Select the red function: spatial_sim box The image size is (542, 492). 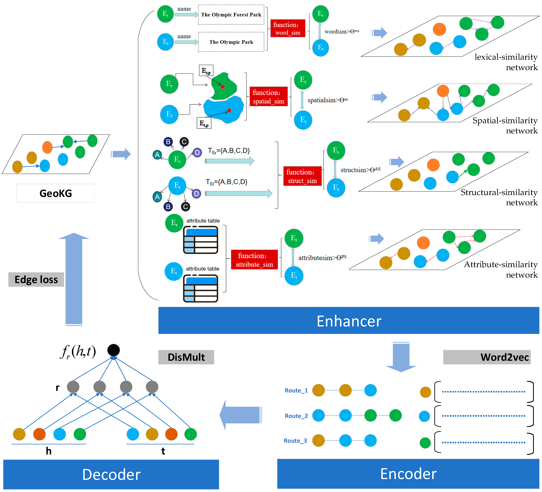pyautogui.click(x=268, y=97)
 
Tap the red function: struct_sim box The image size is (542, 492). pyautogui.click(x=302, y=176)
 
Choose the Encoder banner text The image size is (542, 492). pyautogui.click(x=408, y=474)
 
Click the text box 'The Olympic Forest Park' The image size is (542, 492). pyautogui.click(x=231, y=15)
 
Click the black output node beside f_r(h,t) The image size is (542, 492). pyautogui.click(x=113, y=350)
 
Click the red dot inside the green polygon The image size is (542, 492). pyautogui.click(x=223, y=86)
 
